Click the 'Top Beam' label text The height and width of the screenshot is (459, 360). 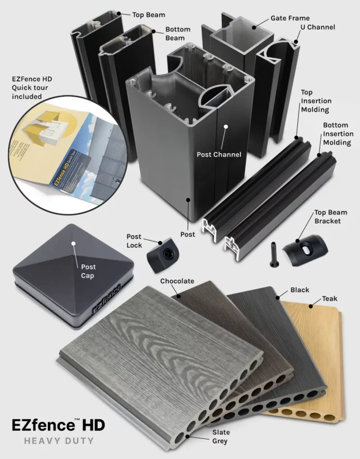coord(149,15)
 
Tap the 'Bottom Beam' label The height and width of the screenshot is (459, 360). coord(177,34)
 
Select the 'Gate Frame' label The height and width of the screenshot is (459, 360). coord(290,18)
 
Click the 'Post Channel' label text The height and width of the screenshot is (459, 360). coord(219,154)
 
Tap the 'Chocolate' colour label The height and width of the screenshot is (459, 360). coord(177,281)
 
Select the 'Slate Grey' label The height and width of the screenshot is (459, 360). coord(221,436)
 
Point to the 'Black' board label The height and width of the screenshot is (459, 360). coord(299,290)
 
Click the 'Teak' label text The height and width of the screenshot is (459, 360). coord(329,299)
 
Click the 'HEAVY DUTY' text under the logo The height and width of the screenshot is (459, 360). coord(59,440)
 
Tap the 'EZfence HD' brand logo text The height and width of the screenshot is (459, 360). coord(59,425)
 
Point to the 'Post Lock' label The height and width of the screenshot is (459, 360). coord(134,241)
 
